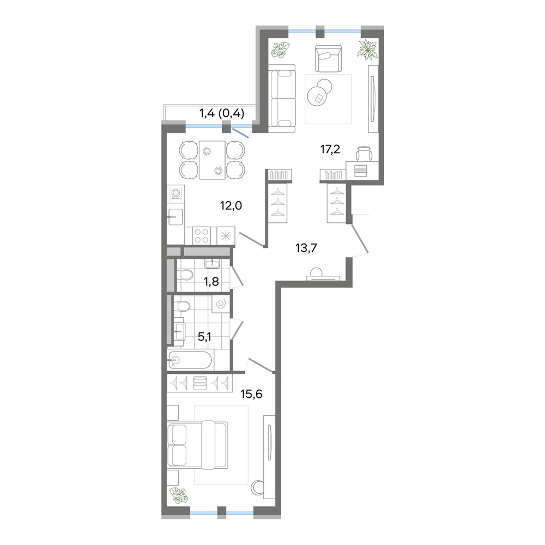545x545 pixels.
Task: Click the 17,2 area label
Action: [x=330, y=150]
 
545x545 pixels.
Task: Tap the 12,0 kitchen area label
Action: [x=231, y=206]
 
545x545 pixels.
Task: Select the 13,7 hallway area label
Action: [x=306, y=248]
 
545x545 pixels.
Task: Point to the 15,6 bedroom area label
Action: [x=252, y=394]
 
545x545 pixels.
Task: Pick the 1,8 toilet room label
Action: [x=211, y=282]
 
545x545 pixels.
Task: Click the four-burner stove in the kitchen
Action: [x=201, y=235]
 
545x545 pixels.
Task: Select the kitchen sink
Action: [x=176, y=217]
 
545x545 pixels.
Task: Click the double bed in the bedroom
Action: [x=197, y=445]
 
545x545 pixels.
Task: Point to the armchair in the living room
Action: [x=328, y=58]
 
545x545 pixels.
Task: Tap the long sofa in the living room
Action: [x=282, y=98]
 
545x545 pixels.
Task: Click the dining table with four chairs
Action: [x=212, y=160]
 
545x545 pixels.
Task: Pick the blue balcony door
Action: [x=240, y=132]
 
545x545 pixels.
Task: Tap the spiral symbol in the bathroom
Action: [x=221, y=305]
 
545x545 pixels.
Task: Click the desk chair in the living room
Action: [x=364, y=153]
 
